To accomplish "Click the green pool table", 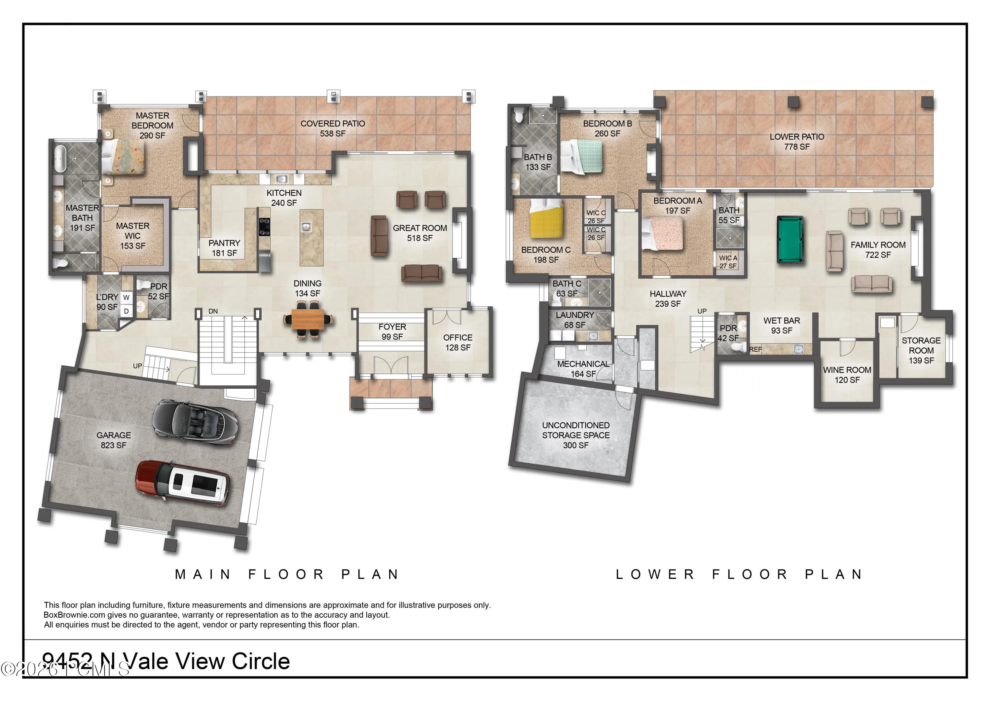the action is pyautogui.click(x=790, y=239).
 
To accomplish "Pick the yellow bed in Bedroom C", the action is pyautogui.click(x=546, y=218).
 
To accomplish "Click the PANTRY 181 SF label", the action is pyautogui.click(x=224, y=248).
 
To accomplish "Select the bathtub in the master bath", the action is pyautogui.click(x=59, y=159).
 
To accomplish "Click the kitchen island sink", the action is pyautogui.click(x=306, y=226).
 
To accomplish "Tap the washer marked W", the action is pyautogui.click(x=126, y=297).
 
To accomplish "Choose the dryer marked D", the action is pyautogui.click(x=126, y=311).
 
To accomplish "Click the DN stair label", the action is pyautogui.click(x=213, y=311).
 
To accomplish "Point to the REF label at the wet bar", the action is pyautogui.click(x=755, y=349).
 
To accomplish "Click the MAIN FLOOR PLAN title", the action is pyautogui.click(x=287, y=574).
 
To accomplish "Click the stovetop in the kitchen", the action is pyautogui.click(x=264, y=227).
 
